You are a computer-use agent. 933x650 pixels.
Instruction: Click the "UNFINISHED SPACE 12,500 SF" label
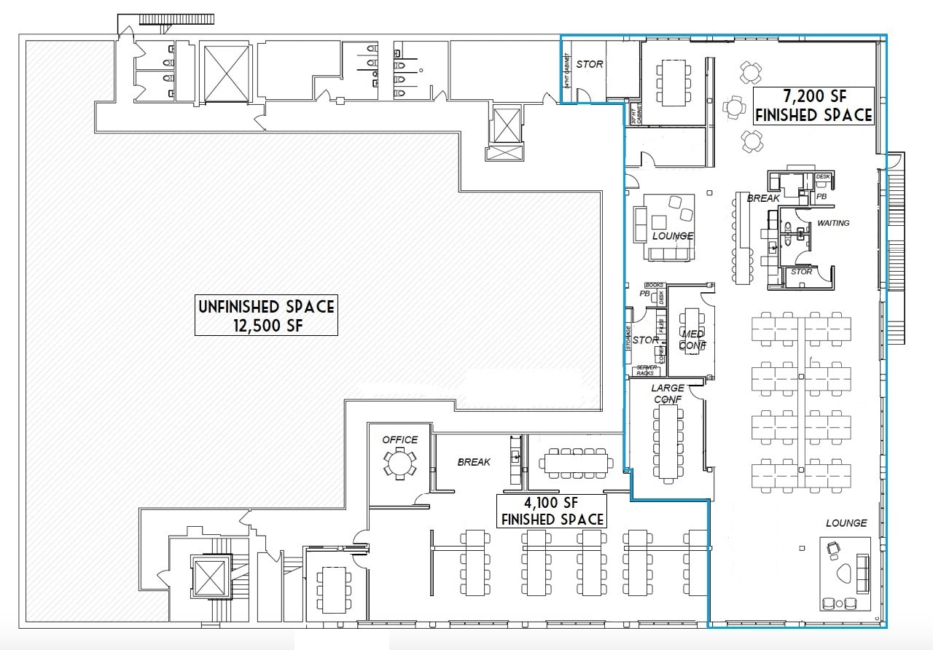266,316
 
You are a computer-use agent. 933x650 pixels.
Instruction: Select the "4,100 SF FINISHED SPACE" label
550,511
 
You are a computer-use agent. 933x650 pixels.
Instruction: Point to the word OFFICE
400,439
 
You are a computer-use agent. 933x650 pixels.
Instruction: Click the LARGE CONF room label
668,393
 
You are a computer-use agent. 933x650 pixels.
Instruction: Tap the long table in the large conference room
667,442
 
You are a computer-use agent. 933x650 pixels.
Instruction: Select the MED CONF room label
692,340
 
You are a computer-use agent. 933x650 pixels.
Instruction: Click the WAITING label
833,223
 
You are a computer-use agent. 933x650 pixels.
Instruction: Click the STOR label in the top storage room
589,64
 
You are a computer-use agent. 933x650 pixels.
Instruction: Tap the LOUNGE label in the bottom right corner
846,523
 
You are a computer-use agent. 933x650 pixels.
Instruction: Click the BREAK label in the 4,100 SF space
474,462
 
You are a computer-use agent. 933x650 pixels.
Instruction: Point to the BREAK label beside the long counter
763,198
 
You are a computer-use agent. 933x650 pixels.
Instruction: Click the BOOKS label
654,286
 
